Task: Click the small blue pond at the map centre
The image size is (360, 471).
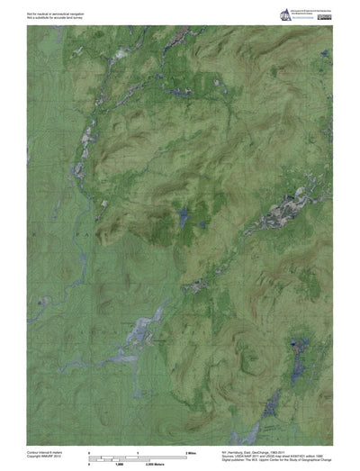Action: (x=183, y=216)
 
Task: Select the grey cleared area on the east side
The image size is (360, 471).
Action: (x=288, y=212)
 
